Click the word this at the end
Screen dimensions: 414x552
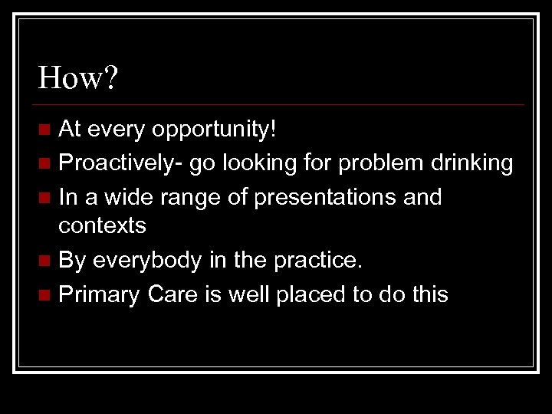[x=426, y=294]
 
